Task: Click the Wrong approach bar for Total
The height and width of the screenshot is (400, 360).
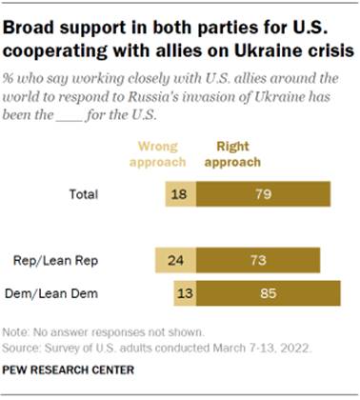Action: click(178, 194)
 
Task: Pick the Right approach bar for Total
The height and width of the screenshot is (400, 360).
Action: click(263, 194)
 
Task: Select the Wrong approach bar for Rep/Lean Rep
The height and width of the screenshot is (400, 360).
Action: click(172, 259)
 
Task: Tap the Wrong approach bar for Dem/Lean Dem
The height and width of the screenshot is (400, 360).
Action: click(184, 292)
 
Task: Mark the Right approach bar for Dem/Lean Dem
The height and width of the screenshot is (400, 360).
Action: click(269, 292)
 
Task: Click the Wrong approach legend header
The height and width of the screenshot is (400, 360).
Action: click(165, 154)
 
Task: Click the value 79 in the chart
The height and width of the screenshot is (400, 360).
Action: click(263, 194)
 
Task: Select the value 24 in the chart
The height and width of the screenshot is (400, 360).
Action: click(172, 259)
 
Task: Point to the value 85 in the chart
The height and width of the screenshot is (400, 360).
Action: click(269, 292)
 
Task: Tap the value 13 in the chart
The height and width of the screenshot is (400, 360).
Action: click(184, 292)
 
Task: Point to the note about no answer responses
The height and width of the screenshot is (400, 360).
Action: click(105, 332)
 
